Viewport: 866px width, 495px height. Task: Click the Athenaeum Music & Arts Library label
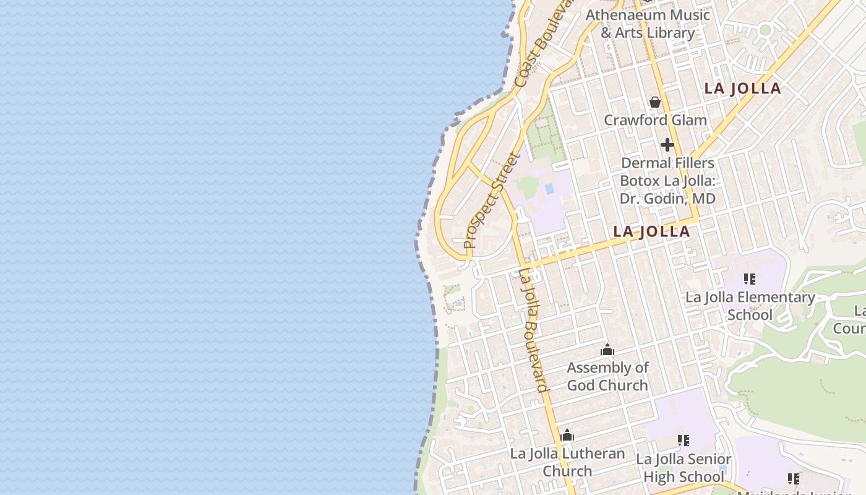pos(648,24)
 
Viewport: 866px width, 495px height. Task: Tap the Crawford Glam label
pos(655,120)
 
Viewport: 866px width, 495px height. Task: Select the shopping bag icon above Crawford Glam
pos(655,101)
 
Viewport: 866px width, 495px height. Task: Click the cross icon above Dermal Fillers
pos(667,145)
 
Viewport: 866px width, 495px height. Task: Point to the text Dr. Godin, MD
pos(667,199)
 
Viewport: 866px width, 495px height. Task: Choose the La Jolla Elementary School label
pos(750,306)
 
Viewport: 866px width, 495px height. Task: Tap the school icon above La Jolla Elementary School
pos(750,279)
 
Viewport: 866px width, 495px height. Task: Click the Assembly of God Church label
pos(607,376)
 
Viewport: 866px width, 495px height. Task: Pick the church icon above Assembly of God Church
pos(607,350)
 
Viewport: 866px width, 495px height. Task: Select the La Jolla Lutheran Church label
pos(567,462)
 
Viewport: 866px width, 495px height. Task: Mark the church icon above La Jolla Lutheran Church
pos(567,436)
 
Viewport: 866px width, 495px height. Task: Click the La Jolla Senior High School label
pos(684,468)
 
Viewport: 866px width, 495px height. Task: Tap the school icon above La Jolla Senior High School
pos(684,441)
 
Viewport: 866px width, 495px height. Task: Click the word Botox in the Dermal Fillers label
pos(640,181)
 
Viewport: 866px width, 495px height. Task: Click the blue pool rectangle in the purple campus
pos(548,188)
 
